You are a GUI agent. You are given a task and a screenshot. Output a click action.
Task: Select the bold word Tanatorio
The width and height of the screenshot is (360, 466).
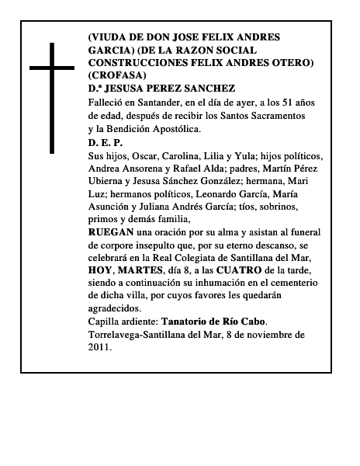point(189,321)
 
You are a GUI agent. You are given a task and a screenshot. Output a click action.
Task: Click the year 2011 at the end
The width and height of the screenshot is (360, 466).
point(99,347)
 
